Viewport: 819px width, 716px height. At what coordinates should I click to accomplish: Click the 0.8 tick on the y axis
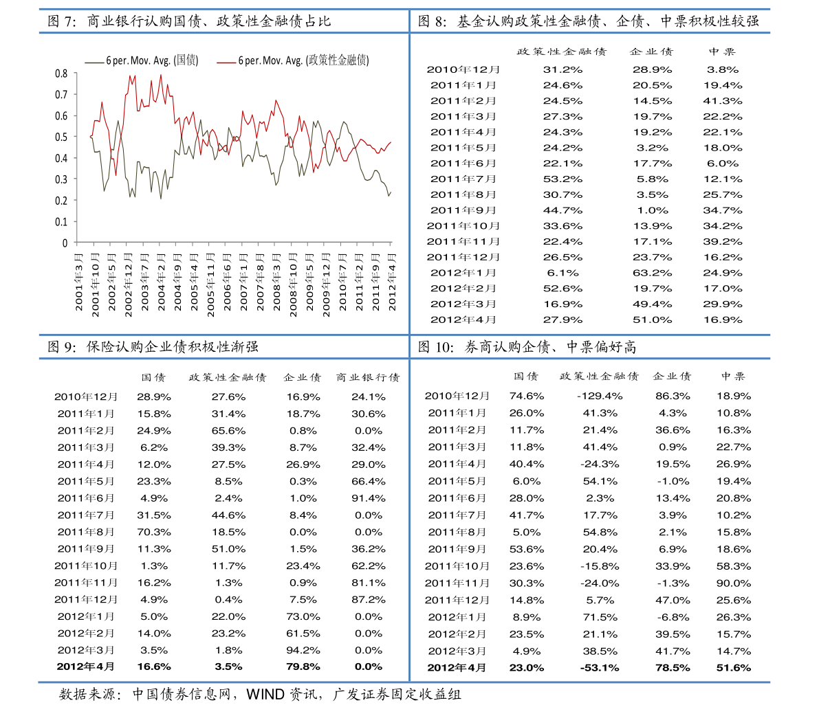coord(61,74)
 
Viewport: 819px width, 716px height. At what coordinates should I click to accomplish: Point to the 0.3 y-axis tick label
coord(61,179)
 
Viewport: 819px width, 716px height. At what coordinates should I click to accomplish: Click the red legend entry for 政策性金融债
coord(293,60)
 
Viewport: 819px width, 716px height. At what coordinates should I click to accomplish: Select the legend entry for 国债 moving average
coord(142,60)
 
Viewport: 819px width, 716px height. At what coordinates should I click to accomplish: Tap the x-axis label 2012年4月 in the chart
coord(392,282)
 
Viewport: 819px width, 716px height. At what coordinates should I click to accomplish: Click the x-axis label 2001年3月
coord(79,282)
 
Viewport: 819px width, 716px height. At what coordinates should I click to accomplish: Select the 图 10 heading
coord(527,347)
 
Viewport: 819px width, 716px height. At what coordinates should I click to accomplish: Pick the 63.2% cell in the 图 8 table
coord(653,273)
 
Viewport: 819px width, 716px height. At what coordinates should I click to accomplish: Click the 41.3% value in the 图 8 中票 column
coord(722,101)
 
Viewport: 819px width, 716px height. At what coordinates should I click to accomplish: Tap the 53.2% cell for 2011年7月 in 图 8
coord(563,179)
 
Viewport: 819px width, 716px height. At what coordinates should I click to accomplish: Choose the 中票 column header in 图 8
coord(722,52)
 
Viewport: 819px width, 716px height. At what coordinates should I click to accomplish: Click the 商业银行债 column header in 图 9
coord(368,377)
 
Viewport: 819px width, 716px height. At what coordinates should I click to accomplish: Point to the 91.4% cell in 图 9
coord(368,498)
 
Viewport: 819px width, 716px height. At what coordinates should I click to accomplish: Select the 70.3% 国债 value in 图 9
coord(154,533)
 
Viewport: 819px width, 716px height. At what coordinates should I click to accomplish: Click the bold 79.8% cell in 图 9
coord(303,667)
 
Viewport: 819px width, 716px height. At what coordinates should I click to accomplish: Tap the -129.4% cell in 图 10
coord(600,396)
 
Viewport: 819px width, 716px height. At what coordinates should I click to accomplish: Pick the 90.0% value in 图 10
coord(734,583)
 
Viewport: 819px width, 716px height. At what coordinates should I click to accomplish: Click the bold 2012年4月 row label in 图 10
coord(457,668)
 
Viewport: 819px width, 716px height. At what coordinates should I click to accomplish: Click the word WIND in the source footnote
coord(265,695)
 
